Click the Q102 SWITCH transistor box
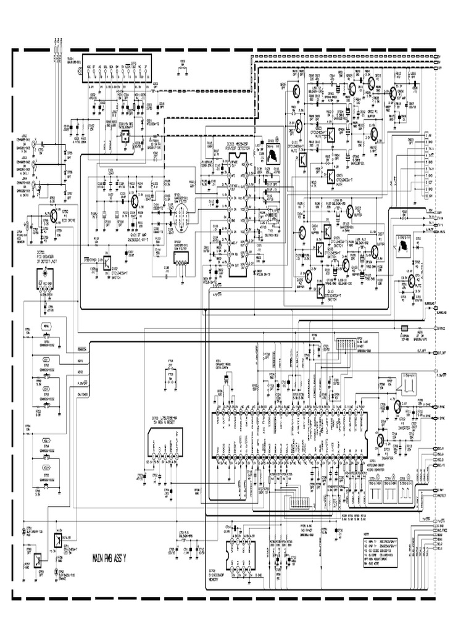(x=107, y=261)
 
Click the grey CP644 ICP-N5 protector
(x=405, y=328)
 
